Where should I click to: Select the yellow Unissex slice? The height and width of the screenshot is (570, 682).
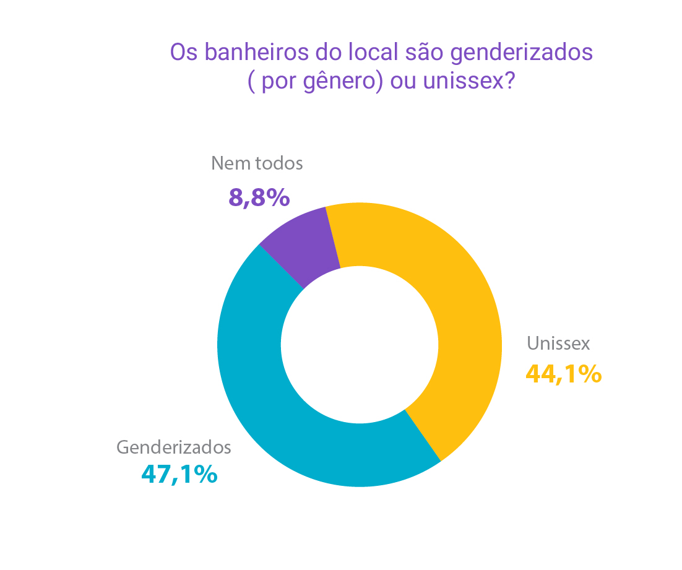tap(461, 313)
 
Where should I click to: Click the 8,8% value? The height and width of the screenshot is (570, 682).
tap(259, 198)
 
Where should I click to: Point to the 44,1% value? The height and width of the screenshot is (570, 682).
tap(564, 374)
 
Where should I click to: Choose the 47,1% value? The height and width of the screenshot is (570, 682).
tap(179, 474)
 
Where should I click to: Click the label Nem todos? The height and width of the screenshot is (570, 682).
tap(257, 163)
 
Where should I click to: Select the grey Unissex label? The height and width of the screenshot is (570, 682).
tap(558, 343)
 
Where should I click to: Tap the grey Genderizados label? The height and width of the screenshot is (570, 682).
tap(174, 447)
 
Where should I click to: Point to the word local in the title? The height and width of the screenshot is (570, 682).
tap(373, 52)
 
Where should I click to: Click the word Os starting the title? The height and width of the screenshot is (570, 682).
tap(184, 52)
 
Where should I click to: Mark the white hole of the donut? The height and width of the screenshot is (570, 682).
tap(360, 345)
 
